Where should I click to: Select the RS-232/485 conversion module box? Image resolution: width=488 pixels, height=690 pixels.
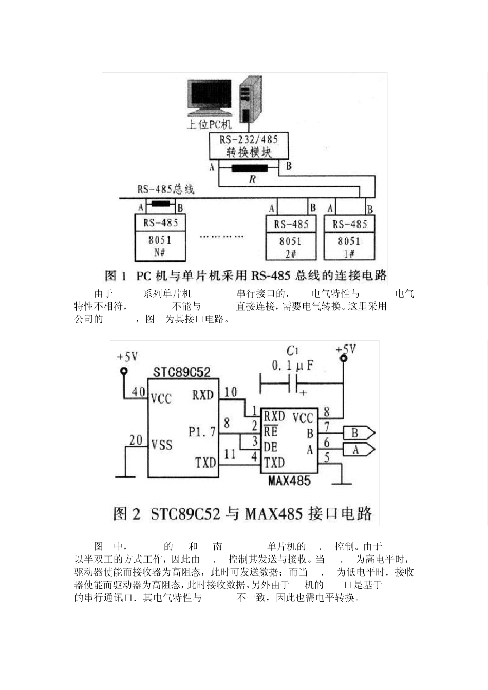[x=249, y=146]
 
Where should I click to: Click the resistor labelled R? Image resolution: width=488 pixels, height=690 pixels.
[x=249, y=168]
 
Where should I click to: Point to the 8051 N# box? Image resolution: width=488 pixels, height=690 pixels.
[x=160, y=245]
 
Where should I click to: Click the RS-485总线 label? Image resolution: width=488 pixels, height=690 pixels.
[x=165, y=189]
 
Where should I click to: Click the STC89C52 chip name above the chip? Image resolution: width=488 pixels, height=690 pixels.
[x=182, y=371]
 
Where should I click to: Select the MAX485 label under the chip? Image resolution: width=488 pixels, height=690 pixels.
[x=289, y=481]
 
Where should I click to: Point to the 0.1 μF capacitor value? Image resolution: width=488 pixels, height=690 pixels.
[x=292, y=366]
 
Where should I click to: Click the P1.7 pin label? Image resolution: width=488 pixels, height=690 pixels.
[x=202, y=431]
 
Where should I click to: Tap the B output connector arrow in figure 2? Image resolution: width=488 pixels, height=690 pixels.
[x=359, y=433]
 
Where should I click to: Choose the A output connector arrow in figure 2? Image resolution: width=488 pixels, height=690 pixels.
[x=359, y=450]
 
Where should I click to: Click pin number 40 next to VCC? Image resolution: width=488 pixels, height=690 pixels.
[x=138, y=392]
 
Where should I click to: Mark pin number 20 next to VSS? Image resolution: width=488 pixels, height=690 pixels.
[x=136, y=439]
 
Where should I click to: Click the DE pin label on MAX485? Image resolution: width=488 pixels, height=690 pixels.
[x=271, y=447]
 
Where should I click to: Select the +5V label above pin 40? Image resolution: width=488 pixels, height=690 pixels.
[x=127, y=357]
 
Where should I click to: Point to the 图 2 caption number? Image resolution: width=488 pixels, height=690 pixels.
[x=126, y=513]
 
